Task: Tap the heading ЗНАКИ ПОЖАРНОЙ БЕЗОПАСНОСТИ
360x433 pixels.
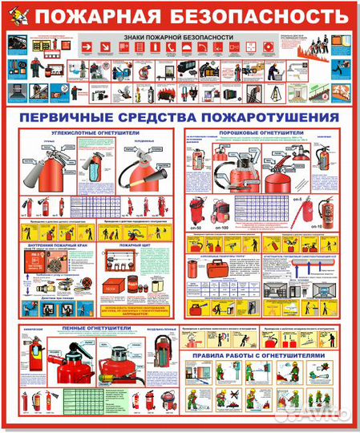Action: [x=180, y=38]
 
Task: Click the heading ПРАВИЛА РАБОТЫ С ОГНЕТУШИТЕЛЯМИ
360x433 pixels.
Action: [x=265, y=353]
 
